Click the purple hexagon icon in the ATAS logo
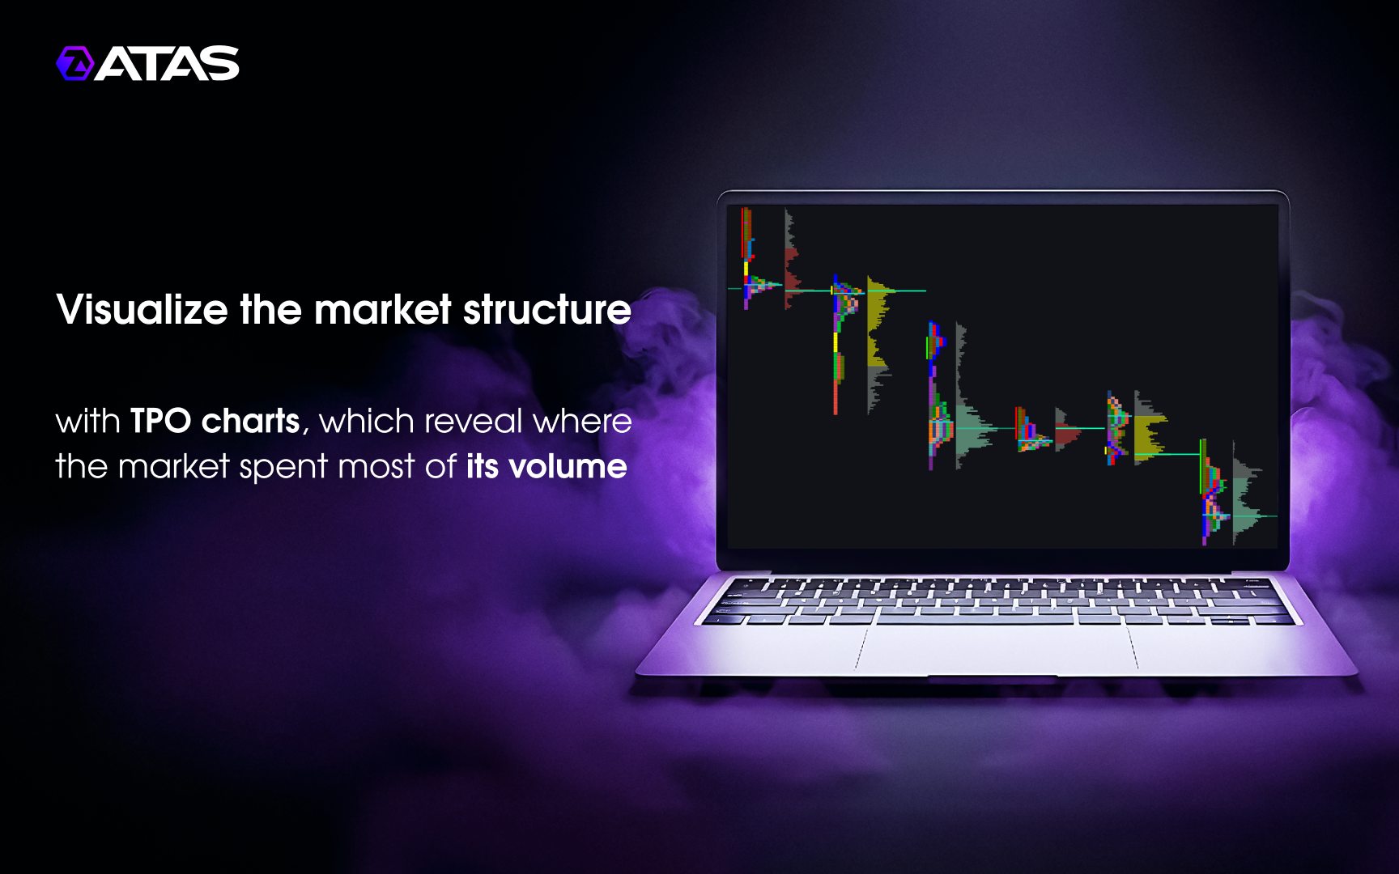tap(75, 63)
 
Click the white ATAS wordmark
tap(168, 63)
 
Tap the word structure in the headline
tap(547, 309)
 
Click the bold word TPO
tap(160, 421)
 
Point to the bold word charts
tap(251, 421)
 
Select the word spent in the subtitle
tap(283, 468)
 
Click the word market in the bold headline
tap(382, 309)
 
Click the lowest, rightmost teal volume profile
tap(1247, 494)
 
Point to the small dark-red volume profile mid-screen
tap(1065, 429)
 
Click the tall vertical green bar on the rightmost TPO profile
tap(1201, 466)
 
